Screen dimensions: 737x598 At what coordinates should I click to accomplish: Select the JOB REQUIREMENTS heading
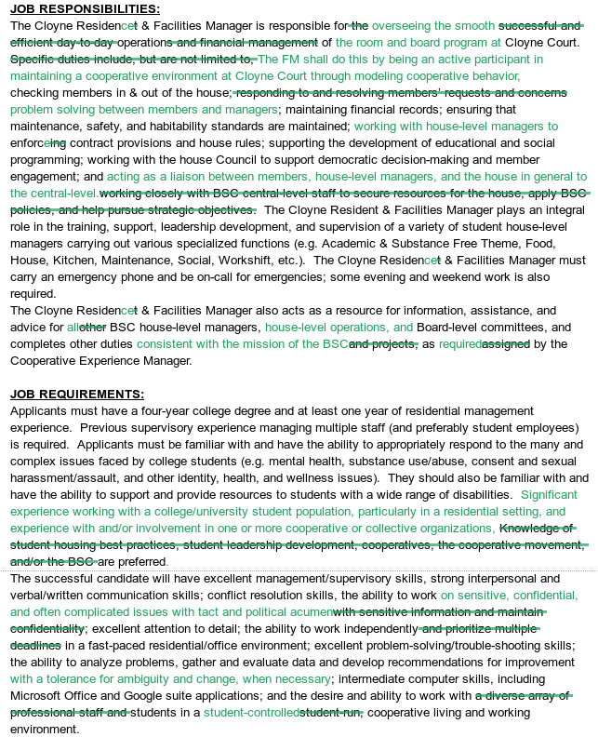pos(77,395)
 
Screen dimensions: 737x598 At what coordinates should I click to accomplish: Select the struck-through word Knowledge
pos(536,529)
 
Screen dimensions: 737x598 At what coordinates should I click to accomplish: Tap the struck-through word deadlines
pos(36,645)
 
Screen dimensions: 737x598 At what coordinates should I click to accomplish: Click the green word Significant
pos(549,495)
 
